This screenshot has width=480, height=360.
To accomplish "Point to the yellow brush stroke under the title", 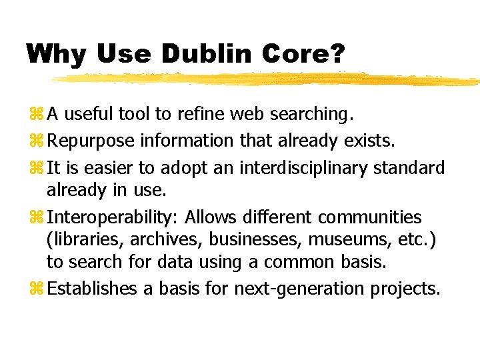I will click(267, 79).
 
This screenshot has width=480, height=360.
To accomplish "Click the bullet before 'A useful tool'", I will click(37, 115).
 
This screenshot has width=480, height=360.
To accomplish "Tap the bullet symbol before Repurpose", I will click(37, 141).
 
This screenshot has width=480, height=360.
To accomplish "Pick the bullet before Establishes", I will click(37, 289).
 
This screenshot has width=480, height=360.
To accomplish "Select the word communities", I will click(370, 217).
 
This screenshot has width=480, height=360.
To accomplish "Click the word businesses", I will click(257, 240).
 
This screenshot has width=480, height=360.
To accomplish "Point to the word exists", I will click(370, 141).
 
